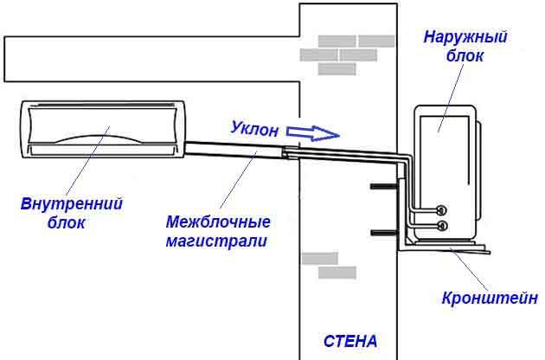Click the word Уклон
tap(255, 129)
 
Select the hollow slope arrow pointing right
tap(312, 132)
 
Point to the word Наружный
tap(465, 38)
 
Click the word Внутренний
tap(71, 203)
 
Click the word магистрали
tap(215, 240)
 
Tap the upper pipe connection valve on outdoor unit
tap(442, 209)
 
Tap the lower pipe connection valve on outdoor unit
tap(442, 227)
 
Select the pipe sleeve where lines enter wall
tap(292, 152)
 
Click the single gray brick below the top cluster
tap(337, 68)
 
